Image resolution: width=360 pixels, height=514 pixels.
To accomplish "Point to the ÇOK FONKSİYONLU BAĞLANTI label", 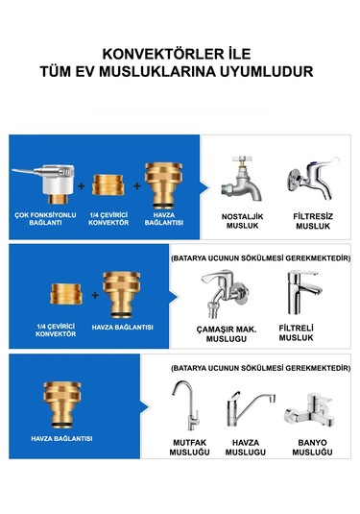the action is tap(45, 219).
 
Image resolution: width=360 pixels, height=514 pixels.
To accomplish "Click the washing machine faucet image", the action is tap(225, 294).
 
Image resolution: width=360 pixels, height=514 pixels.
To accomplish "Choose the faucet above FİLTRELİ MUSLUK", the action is tap(303, 292).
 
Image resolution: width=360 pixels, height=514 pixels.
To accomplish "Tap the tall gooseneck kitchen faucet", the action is tap(186, 405).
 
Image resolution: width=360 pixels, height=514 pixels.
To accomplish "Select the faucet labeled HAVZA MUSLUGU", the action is tap(251, 408).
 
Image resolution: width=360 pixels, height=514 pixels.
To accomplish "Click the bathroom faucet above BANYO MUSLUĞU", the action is tap(310, 410).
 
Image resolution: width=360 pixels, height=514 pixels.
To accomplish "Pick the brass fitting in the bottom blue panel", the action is tap(62, 404).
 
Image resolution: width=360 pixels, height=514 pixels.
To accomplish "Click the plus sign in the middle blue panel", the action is tap(95, 295).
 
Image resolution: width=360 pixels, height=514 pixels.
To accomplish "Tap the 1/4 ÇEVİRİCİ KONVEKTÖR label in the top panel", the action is tap(108, 219).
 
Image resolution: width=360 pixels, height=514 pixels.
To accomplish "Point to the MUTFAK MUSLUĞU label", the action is tap(189, 448).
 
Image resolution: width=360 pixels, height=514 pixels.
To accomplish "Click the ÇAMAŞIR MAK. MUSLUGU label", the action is tap(227, 334).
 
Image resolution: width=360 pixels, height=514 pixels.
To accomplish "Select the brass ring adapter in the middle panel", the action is tap(66, 294).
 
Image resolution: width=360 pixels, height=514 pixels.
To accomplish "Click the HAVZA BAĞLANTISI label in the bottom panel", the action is tap(61, 439).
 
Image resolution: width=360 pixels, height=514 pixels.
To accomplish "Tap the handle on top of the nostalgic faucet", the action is tap(243, 159).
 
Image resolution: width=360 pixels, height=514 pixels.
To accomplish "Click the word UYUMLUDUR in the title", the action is tap(266, 71).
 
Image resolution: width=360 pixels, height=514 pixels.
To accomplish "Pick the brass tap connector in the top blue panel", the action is tap(164, 185).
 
